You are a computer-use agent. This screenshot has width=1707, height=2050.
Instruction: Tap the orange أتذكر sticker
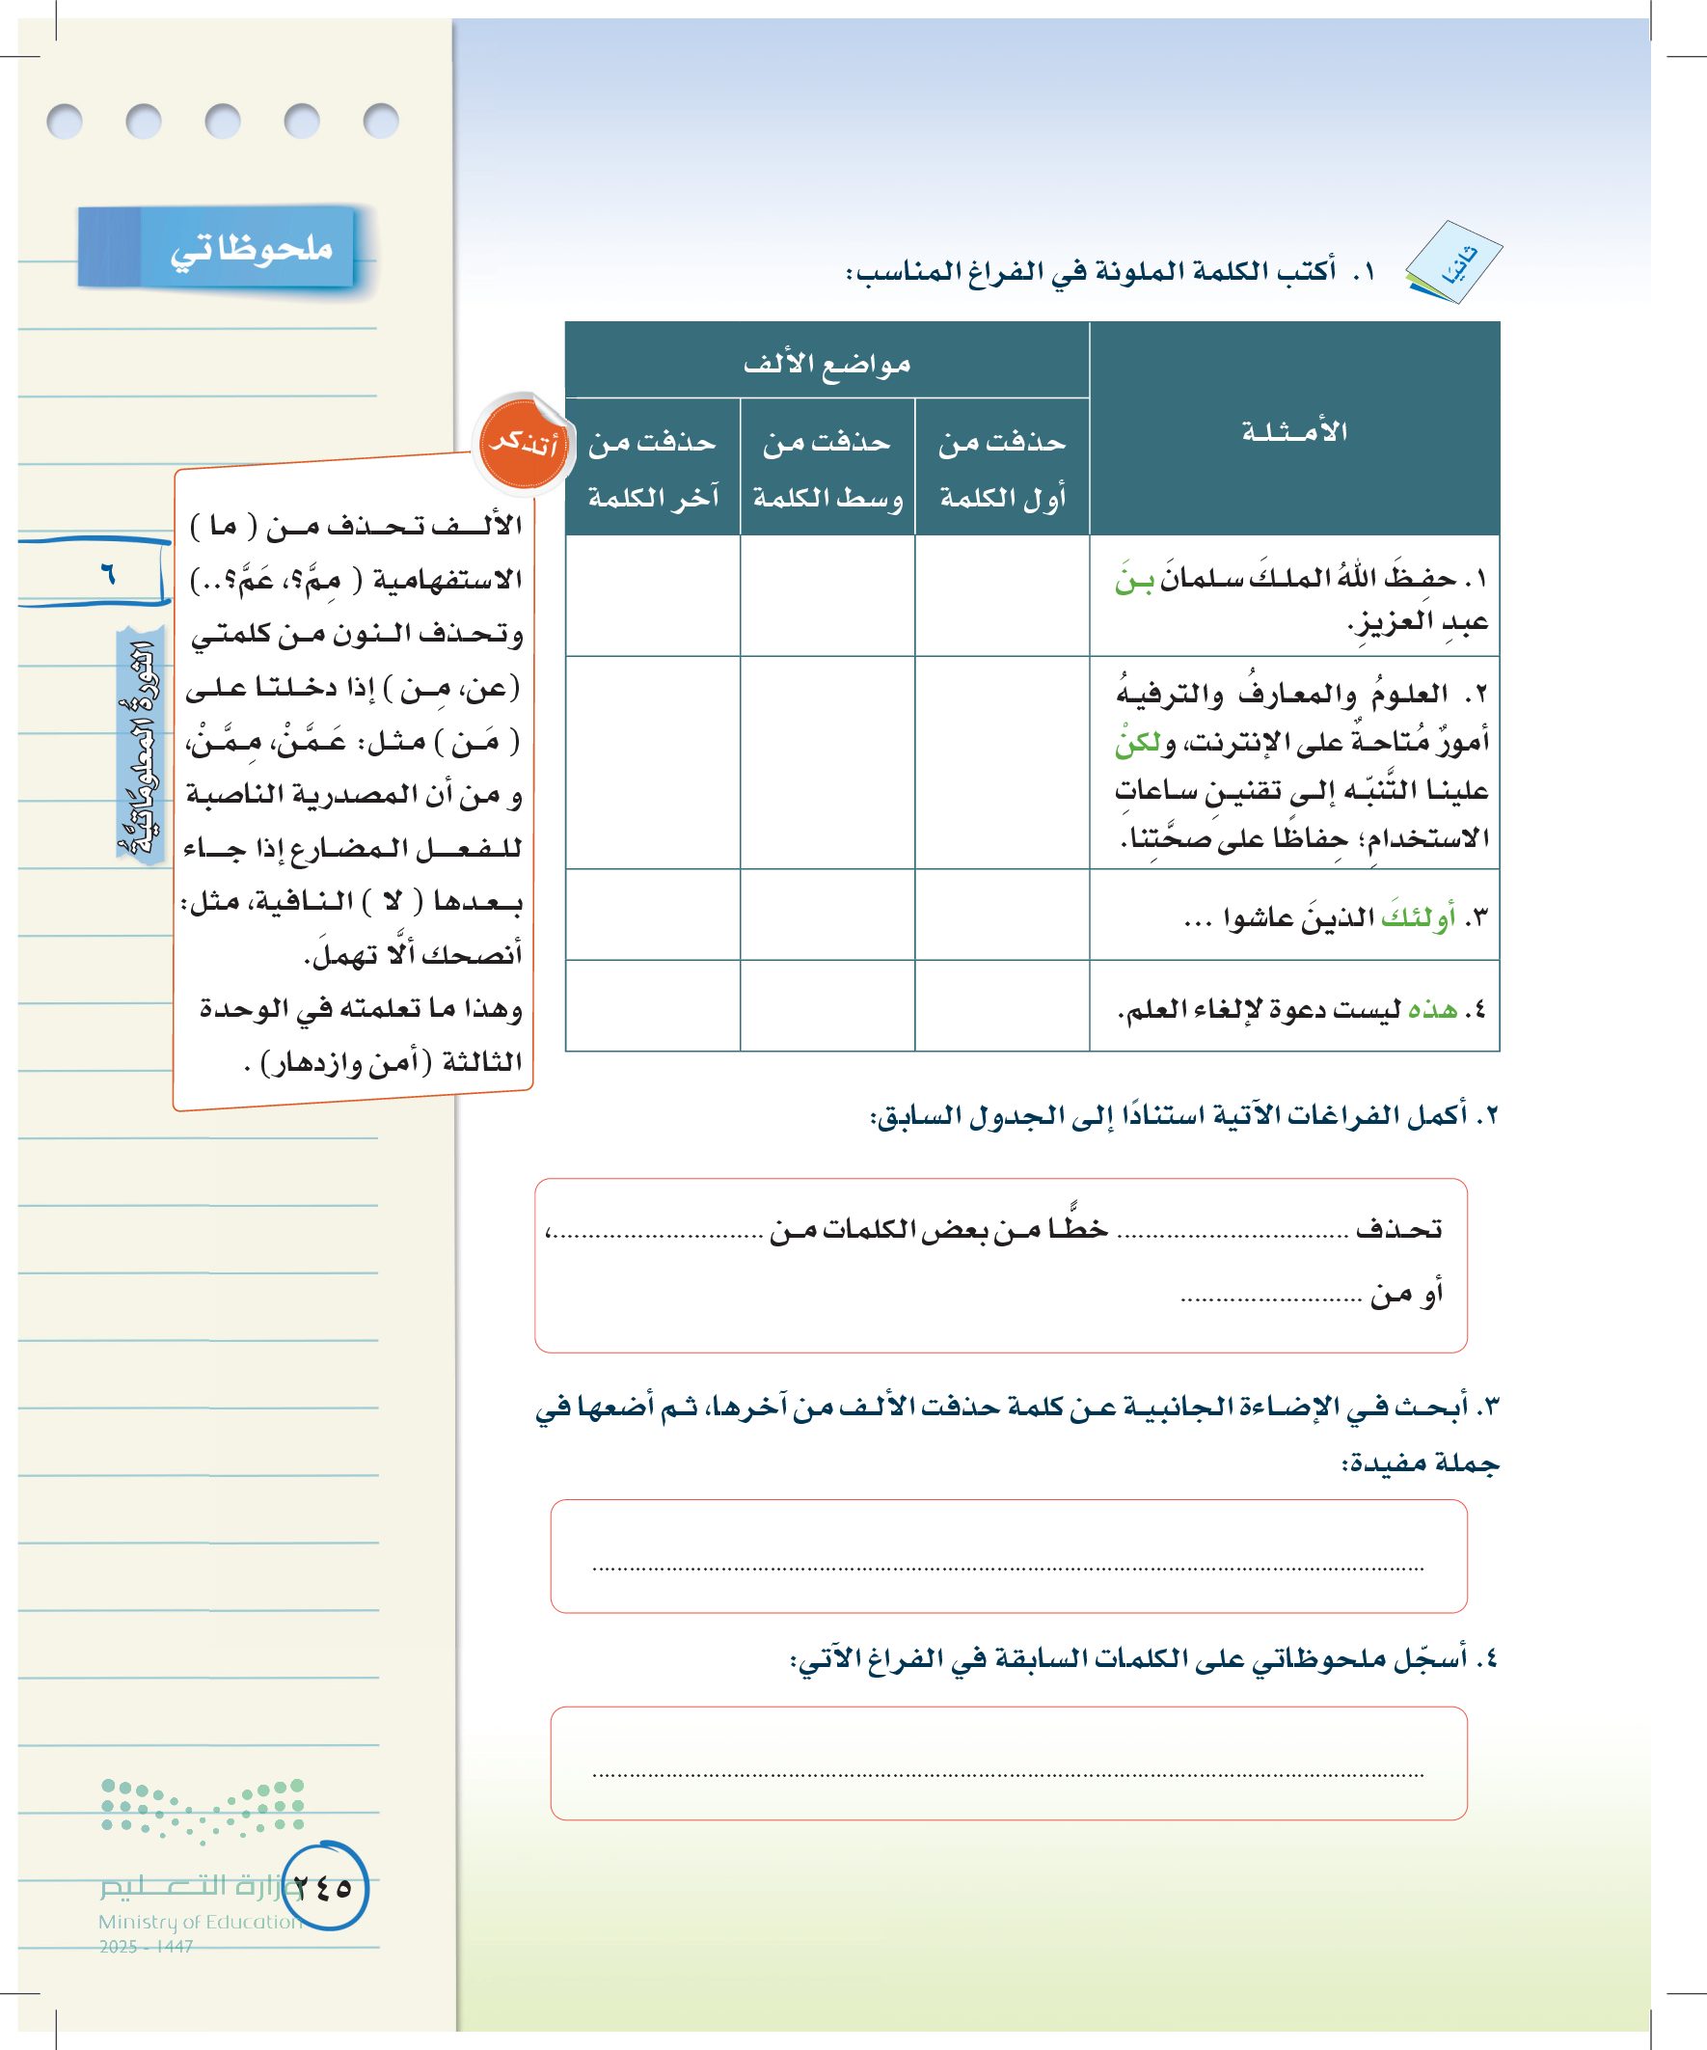[523, 444]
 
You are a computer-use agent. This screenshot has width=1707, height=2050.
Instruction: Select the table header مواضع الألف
[826, 363]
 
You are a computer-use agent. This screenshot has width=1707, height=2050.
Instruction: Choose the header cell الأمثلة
[1294, 430]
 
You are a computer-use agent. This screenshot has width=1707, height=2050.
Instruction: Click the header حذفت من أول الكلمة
[1002, 469]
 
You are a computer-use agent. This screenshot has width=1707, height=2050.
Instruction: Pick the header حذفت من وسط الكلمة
[827, 469]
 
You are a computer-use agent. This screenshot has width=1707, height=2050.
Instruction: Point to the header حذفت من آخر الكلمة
[653, 469]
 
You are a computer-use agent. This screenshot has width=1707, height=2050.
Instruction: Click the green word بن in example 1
[1134, 580]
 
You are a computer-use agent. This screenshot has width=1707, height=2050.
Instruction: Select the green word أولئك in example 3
[1418, 917]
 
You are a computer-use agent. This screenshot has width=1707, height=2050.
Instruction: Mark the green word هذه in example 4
[1433, 1008]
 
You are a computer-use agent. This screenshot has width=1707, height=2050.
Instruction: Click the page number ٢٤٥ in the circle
[324, 1887]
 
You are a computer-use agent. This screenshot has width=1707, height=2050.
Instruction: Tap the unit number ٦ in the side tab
[107, 573]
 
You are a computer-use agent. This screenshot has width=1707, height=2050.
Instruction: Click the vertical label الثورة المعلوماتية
[140, 747]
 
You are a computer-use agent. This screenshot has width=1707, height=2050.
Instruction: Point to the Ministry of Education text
[200, 1921]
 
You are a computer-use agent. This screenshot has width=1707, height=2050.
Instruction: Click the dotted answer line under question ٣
[1007, 1568]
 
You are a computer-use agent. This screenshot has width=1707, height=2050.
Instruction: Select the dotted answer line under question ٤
[1007, 1773]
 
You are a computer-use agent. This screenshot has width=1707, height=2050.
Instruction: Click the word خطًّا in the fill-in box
[1077, 1227]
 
